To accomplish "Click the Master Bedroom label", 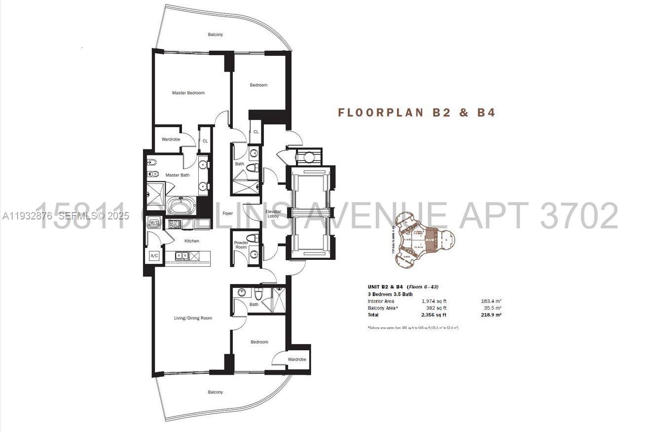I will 188,93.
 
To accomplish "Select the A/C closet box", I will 154,255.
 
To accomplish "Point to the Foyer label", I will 227,214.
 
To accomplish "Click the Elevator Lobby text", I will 273,214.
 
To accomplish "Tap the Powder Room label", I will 241,245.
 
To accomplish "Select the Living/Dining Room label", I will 193,318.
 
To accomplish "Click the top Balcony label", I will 215,35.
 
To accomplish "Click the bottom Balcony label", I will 215,392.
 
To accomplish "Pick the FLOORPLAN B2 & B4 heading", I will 416,112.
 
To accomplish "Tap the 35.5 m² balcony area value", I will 491,308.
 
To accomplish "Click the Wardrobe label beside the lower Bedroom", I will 297,359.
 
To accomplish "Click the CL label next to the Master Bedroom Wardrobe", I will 205,141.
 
